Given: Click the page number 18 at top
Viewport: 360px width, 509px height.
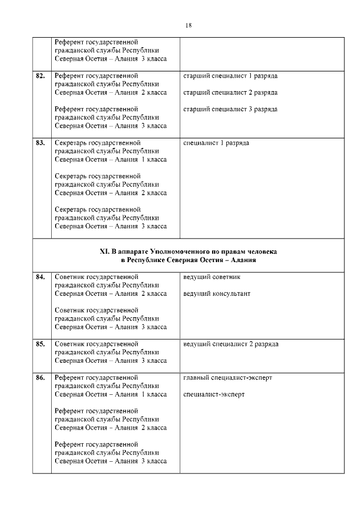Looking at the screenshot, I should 188,25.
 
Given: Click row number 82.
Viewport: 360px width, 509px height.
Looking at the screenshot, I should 40,75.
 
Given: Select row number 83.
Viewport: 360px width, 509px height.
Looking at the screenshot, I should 40,143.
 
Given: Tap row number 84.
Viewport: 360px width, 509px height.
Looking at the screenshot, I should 40,277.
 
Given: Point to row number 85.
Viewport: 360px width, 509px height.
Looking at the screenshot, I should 40,344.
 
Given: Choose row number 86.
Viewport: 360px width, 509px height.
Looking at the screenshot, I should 40,378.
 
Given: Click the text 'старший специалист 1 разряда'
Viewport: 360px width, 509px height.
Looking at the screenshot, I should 231,75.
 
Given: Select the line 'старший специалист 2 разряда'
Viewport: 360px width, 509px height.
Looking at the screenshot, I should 231,92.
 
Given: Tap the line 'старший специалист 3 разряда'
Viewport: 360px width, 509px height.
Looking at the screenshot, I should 231,109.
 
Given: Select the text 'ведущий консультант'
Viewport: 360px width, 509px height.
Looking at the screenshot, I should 217,294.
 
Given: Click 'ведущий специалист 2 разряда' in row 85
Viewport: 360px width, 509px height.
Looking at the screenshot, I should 231,344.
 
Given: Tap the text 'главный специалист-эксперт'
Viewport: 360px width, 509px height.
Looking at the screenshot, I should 228,378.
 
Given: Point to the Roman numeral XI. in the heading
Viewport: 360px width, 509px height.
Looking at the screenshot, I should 105,251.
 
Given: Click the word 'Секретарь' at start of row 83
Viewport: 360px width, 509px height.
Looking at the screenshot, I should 71,143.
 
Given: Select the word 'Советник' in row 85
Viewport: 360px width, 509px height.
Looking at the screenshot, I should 70,344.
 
